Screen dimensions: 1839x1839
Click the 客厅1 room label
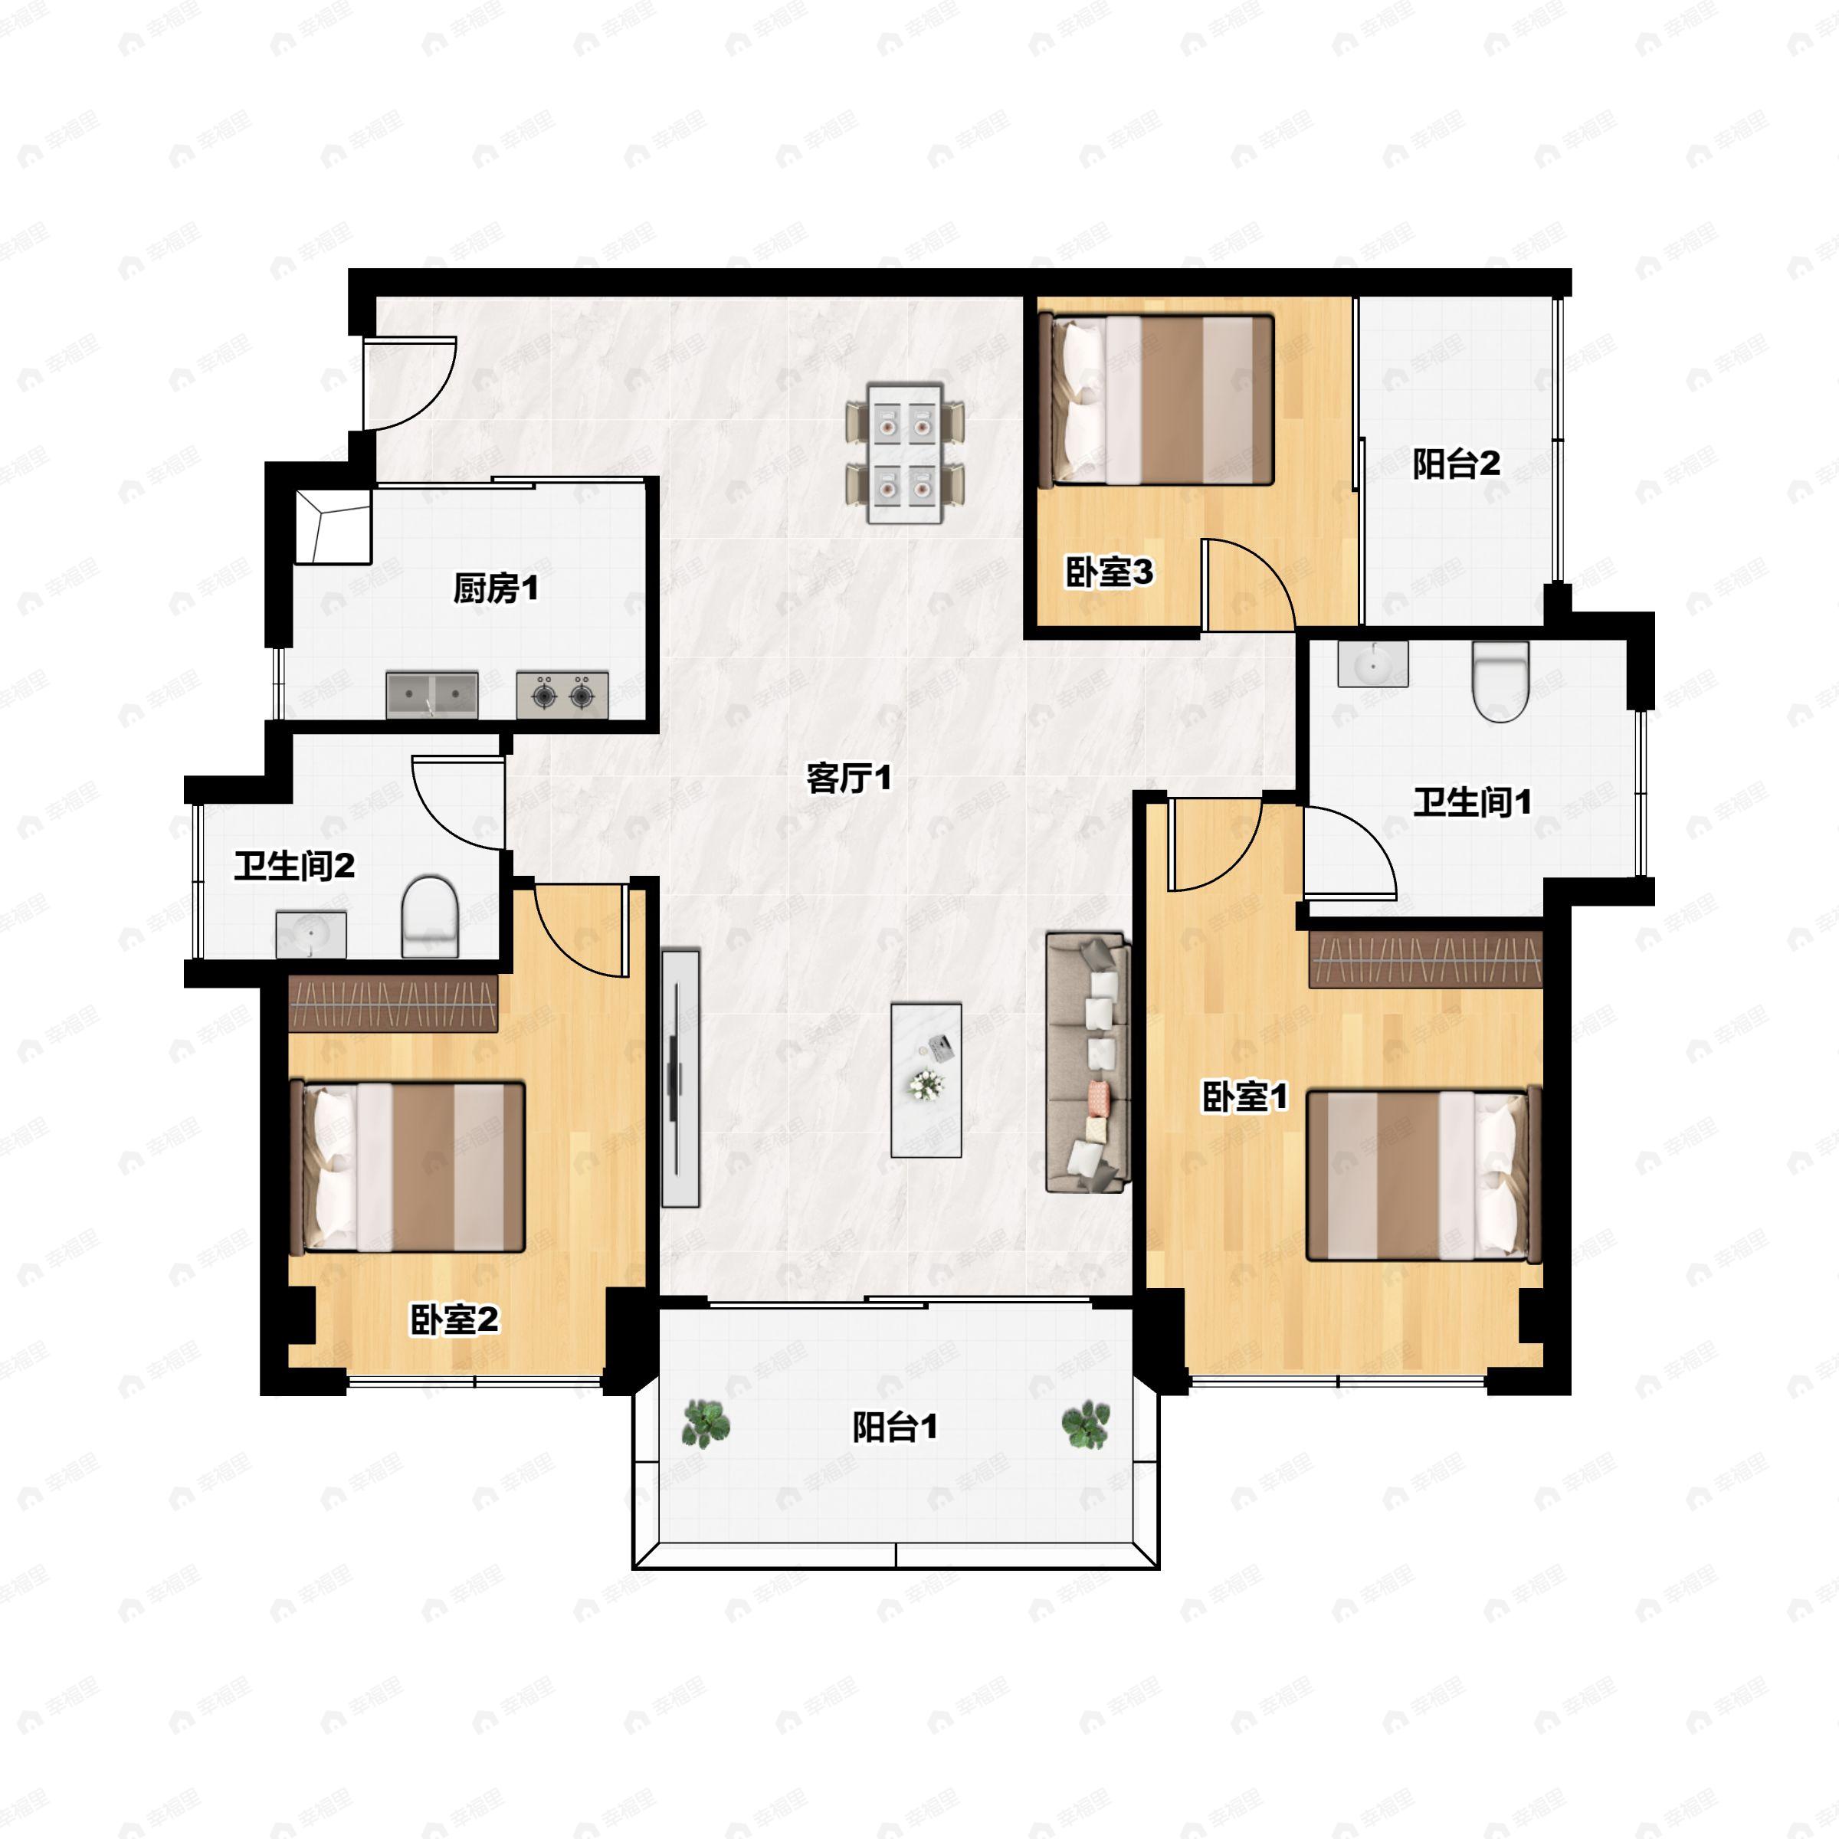848,779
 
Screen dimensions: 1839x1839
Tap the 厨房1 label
495,588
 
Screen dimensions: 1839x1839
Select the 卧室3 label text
1108,572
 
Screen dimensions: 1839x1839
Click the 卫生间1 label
1471,802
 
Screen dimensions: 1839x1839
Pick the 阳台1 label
895,1427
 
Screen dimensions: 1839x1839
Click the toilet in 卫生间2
429,916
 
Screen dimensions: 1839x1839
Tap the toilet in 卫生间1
1500,681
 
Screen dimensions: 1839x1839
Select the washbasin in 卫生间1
1372,664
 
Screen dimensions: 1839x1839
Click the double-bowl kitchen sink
432,695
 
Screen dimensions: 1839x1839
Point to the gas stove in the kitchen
562,695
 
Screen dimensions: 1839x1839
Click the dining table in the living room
905,453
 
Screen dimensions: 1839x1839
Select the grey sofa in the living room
1088,1062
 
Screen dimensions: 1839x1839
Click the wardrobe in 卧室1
1425,960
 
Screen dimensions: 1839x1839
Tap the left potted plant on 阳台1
706,1424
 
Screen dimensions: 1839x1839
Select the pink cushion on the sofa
1100,1099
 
